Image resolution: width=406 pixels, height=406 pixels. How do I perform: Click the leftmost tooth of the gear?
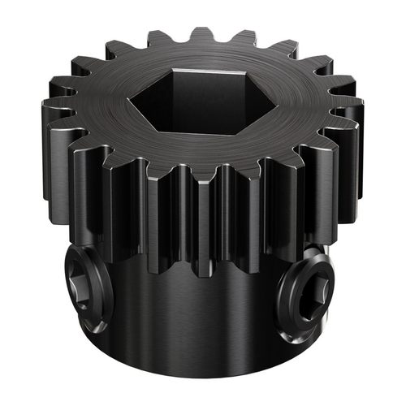[x=50, y=114]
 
